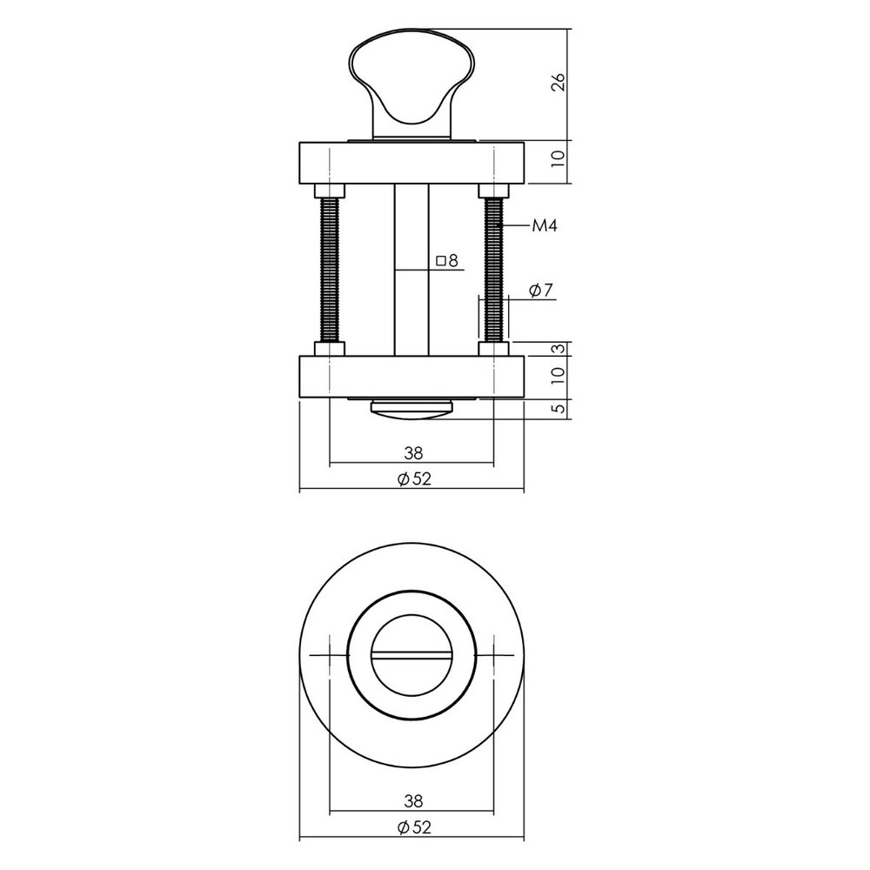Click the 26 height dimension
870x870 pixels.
[x=559, y=83]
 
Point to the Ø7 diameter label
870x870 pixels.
[x=540, y=291]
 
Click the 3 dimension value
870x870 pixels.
[x=559, y=349]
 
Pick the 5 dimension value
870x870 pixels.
[x=559, y=407]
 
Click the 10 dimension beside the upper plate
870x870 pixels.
[x=559, y=158]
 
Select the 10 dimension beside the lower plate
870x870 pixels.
[x=559, y=376]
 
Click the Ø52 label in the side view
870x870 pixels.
[x=412, y=478]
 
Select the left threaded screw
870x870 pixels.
[x=331, y=270]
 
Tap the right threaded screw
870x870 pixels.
[x=493, y=270]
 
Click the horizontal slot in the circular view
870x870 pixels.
[x=412, y=655]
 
